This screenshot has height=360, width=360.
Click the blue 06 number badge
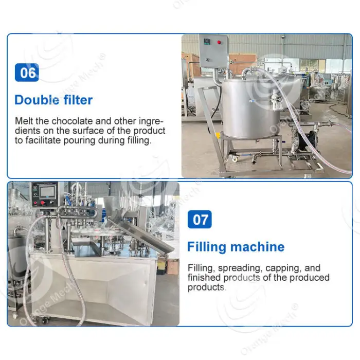pos(27,73)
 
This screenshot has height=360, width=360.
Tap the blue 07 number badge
pos(200,219)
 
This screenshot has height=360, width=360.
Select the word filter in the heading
pos(78,100)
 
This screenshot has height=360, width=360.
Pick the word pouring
pos(79,140)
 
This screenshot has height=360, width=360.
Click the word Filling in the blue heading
pos(207,247)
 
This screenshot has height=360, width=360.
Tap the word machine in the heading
pos(257,247)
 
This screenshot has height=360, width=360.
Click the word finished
pos(204,278)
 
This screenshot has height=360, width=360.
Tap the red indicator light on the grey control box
pos(219,42)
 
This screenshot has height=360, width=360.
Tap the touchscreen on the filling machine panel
pos(47,192)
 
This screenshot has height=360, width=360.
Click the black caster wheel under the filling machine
pos(45,320)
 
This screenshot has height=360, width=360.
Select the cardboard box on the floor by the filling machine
pos(173,266)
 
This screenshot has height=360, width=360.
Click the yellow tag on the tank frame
pos(218,135)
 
